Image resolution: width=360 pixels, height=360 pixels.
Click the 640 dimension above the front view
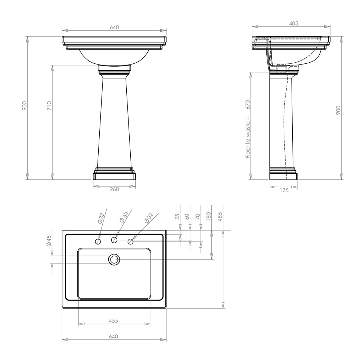click(114, 27)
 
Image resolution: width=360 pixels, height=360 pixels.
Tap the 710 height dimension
click(50, 105)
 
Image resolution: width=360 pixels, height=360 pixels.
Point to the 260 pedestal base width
click(114, 189)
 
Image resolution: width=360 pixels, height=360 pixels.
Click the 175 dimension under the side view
click(284, 190)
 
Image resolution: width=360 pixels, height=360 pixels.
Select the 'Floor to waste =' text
click(248, 139)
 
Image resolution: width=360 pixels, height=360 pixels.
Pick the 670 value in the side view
click(248, 104)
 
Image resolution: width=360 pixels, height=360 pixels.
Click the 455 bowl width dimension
click(113, 321)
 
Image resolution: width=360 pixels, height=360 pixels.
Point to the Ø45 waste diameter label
click(49, 241)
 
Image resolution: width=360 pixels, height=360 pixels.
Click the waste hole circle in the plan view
click(114, 259)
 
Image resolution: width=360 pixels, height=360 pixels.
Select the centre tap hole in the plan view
click(114, 240)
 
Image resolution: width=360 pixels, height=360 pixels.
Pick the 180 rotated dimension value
click(209, 216)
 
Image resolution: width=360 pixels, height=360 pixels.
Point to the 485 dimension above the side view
click(293, 24)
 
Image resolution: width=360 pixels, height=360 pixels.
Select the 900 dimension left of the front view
click(24, 105)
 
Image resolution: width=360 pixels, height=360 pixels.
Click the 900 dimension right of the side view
click(338, 110)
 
